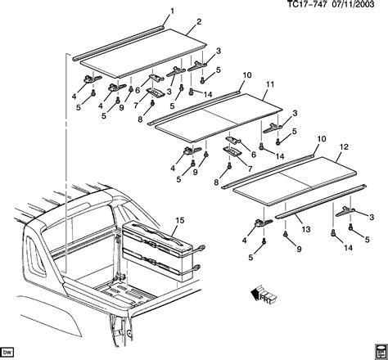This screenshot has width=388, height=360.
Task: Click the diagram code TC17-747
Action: [307, 6]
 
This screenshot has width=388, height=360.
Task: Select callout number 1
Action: [171, 10]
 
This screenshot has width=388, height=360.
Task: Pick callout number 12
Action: [343, 146]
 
